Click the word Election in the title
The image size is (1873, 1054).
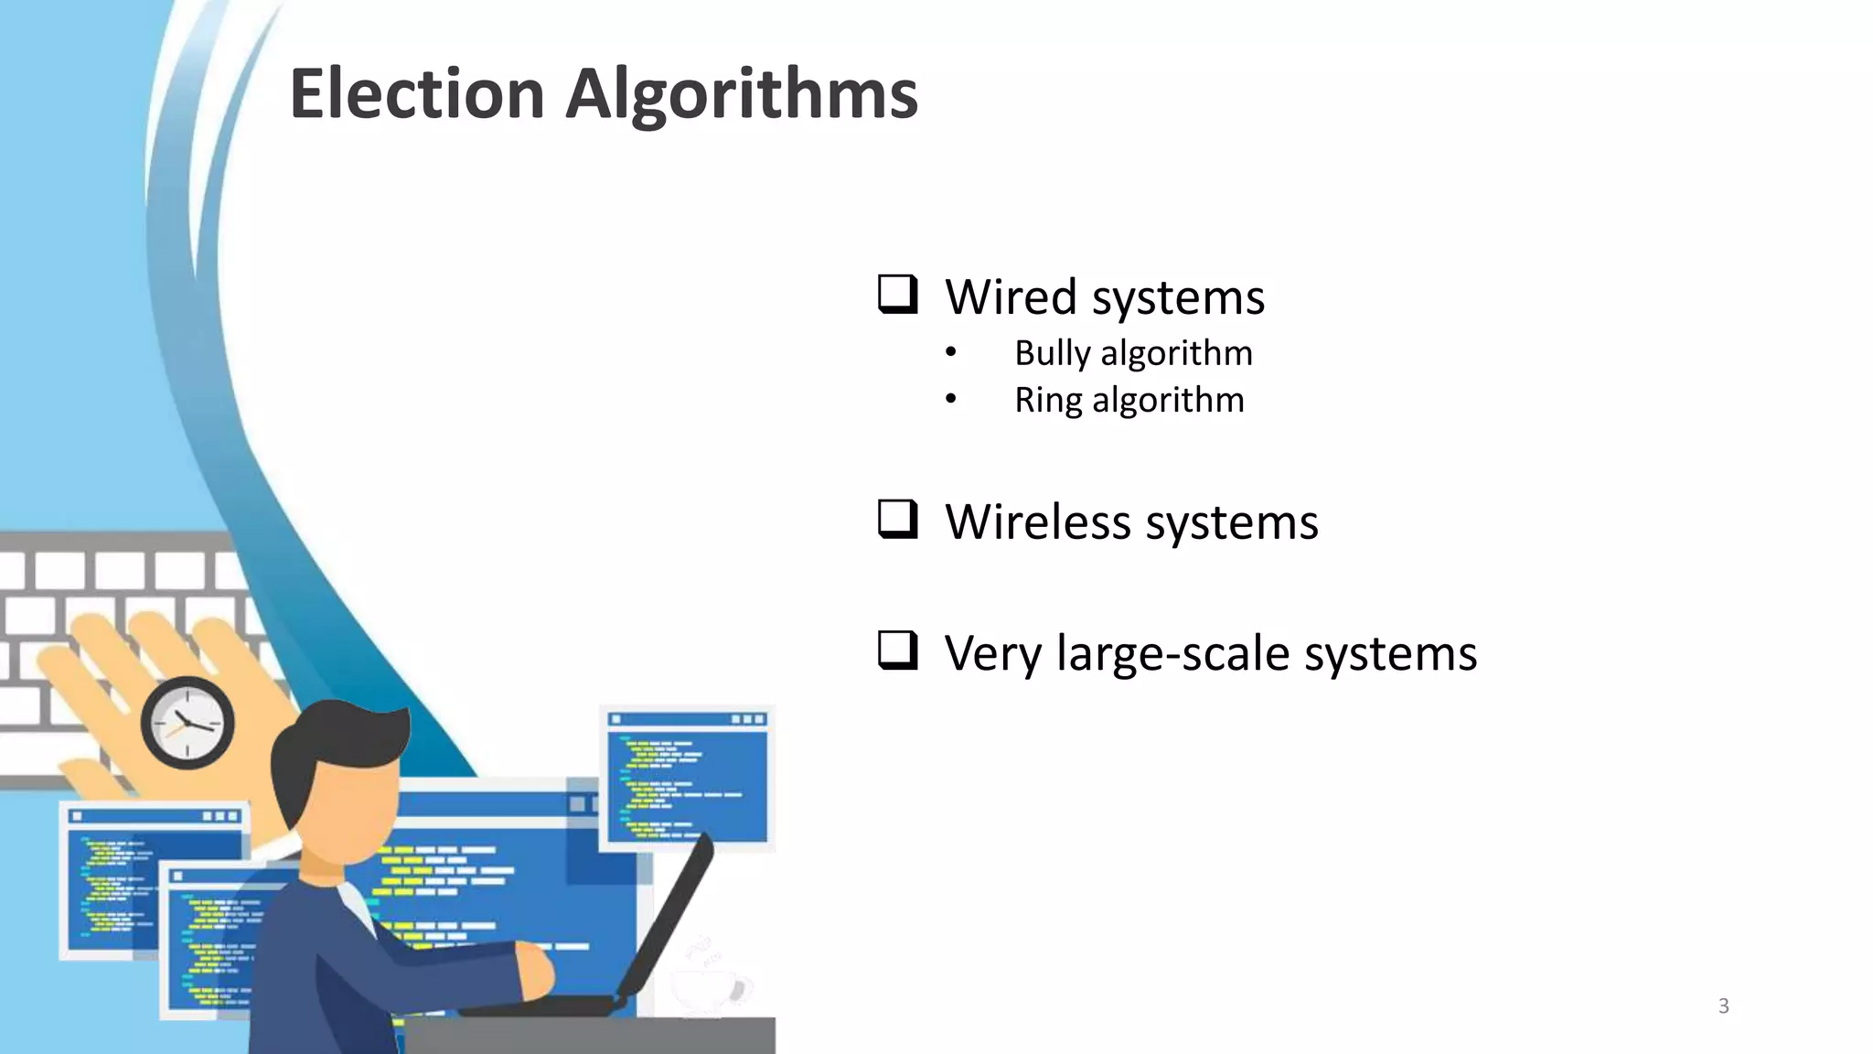coord(417,94)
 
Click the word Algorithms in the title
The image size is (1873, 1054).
coord(742,96)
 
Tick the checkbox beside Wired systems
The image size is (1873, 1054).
coord(897,295)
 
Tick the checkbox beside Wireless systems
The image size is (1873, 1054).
coord(897,519)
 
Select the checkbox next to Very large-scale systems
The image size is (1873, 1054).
coord(897,651)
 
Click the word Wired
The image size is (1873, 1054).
coord(1011,297)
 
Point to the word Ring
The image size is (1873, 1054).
coord(1047,401)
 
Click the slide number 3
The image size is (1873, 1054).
coord(1723,1006)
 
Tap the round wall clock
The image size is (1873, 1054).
coord(187,723)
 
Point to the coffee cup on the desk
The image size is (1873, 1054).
coord(709,988)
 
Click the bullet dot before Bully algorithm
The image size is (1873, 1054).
coord(951,352)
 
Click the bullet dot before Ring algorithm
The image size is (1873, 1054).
coord(951,399)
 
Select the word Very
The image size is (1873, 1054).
coord(992,654)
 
